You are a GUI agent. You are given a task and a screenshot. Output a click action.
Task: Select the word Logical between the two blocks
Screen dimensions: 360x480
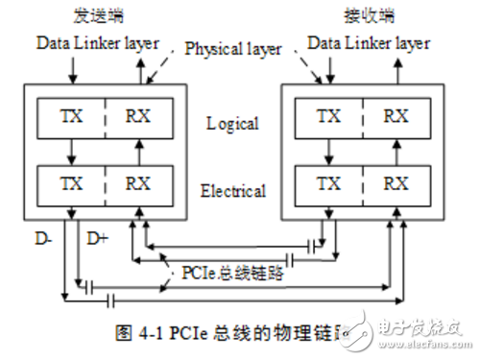(x=231, y=123)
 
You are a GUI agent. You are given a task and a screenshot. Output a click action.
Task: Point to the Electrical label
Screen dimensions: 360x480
(x=231, y=191)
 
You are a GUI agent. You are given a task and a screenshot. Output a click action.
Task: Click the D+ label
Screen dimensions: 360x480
(x=98, y=236)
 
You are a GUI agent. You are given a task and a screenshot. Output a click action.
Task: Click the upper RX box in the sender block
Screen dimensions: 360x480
(x=140, y=115)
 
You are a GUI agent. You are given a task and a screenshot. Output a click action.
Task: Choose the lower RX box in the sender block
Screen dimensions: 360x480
(x=140, y=183)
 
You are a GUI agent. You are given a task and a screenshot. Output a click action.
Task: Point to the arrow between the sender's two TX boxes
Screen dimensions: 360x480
(x=71, y=150)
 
